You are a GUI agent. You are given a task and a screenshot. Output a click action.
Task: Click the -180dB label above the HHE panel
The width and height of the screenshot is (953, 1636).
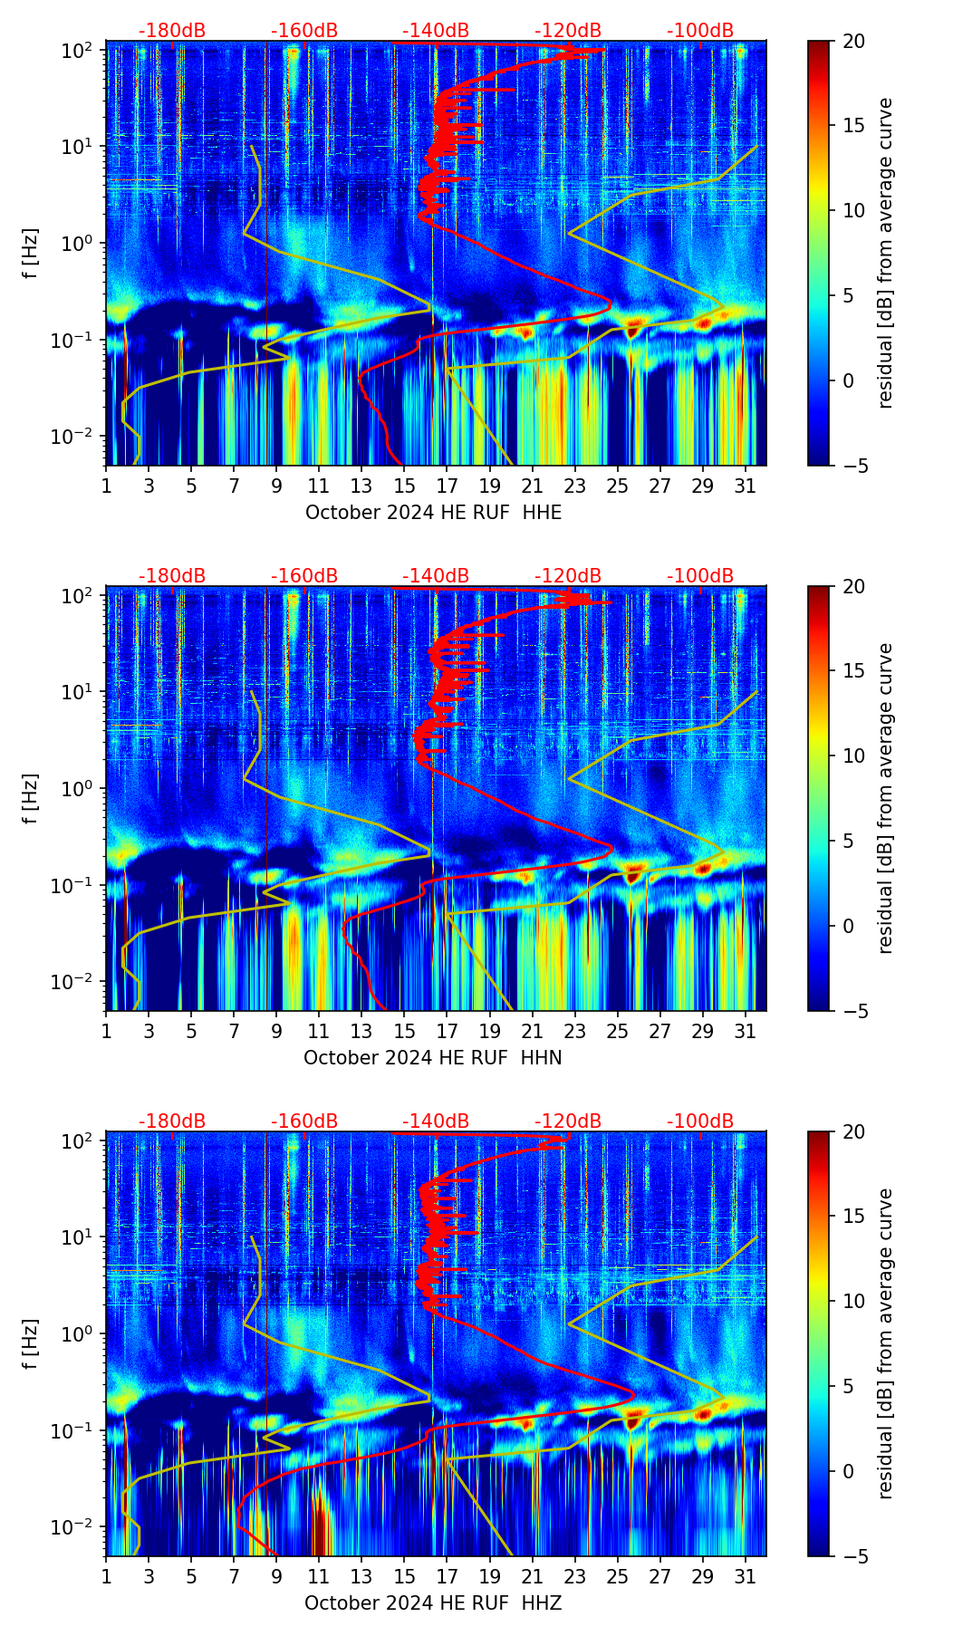[x=172, y=31]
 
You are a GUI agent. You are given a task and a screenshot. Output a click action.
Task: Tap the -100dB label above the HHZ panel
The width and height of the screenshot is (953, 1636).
[x=700, y=1121]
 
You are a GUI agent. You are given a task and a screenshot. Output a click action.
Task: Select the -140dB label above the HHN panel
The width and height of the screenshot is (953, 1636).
[x=436, y=576]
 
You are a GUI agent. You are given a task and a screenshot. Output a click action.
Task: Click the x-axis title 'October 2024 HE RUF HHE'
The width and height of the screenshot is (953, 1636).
[x=433, y=513]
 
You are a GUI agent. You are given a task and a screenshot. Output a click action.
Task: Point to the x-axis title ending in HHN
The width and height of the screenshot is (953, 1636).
[x=433, y=1058]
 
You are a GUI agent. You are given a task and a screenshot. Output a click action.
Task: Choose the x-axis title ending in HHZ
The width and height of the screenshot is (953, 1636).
[x=433, y=1603]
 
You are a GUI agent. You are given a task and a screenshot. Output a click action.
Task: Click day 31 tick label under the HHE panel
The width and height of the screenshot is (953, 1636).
[x=746, y=486]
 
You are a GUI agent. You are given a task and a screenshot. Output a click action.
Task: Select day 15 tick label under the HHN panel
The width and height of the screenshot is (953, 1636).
[x=405, y=1031]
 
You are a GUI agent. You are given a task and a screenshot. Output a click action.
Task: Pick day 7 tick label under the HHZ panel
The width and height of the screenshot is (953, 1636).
[x=234, y=1576]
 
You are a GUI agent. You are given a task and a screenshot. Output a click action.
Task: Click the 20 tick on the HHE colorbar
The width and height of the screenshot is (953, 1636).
[x=854, y=41]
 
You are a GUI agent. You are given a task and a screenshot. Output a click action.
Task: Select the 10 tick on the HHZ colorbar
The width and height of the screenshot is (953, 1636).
[x=854, y=1302]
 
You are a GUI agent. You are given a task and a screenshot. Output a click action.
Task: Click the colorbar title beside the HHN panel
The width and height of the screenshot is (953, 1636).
[x=886, y=798]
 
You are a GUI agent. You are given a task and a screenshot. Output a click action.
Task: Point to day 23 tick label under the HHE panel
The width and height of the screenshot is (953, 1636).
[x=575, y=486]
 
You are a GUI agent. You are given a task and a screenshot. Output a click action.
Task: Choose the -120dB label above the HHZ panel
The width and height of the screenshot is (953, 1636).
[x=568, y=1121]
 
